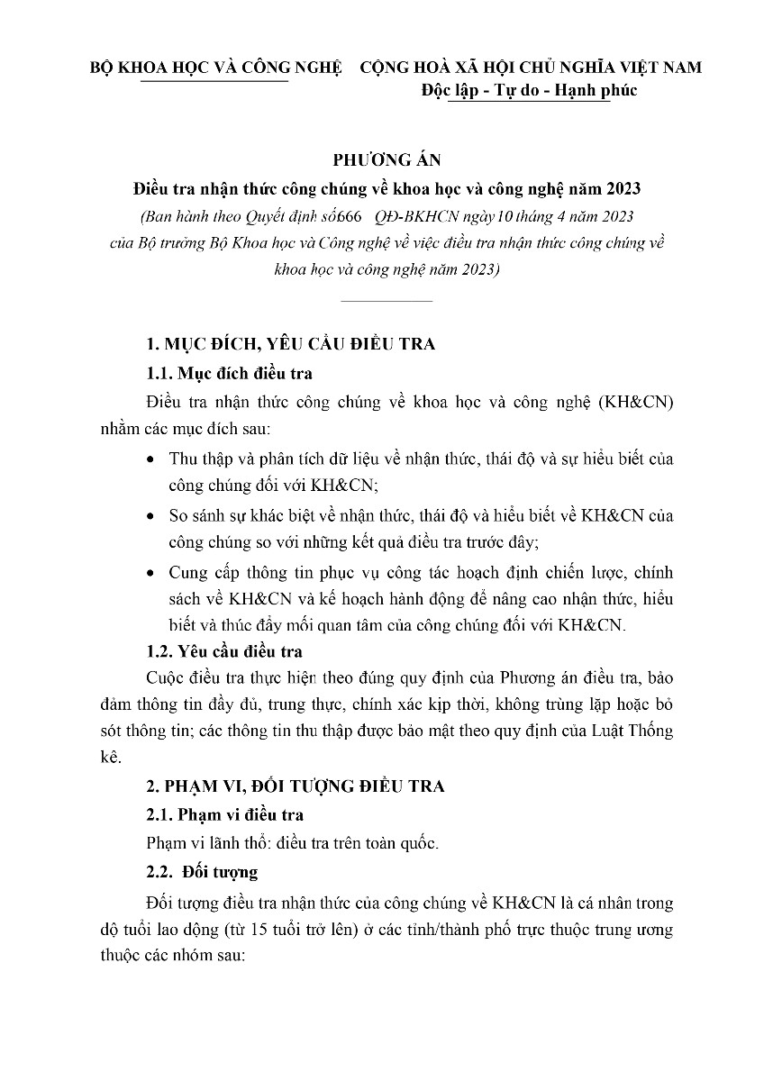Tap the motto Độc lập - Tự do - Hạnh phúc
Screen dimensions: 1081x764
(529, 91)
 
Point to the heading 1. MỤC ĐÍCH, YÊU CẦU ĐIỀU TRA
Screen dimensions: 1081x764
(291, 345)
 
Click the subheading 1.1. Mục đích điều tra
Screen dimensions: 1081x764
(230, 373)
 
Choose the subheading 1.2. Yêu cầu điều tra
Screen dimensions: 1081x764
(224, 650)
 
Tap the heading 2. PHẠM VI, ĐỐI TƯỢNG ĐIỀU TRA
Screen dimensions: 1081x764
(296, 786)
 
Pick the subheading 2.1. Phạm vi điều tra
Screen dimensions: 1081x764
(224, 815)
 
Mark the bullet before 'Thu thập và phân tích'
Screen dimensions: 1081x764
(150, 459)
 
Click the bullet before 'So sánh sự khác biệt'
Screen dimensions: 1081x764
(150, 516)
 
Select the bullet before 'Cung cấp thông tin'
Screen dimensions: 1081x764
(150, 573)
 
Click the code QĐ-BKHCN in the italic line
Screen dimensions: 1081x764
(439, 216)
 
